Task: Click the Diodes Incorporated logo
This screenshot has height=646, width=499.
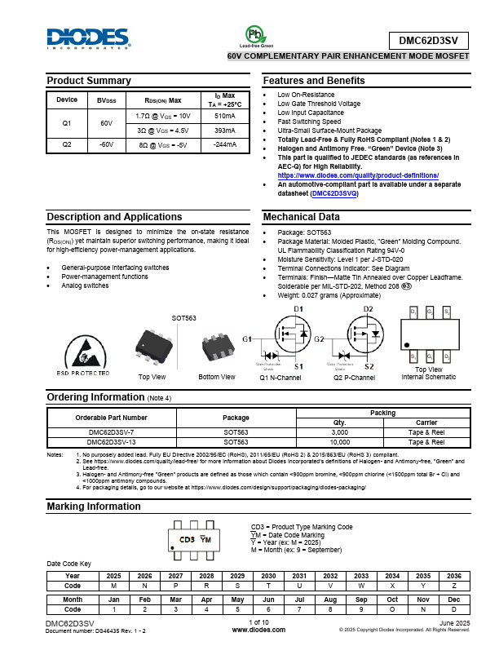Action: (88, 38)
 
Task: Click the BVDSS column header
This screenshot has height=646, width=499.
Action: (107, 100)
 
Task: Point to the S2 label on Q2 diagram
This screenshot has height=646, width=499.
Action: (369, 367)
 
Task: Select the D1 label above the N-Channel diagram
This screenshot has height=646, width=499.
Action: (298, 309)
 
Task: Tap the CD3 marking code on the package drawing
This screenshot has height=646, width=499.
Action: (186, 540)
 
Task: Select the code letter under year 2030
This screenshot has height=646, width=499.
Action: (268, 586)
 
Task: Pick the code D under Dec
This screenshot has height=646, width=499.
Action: (454, 608)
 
